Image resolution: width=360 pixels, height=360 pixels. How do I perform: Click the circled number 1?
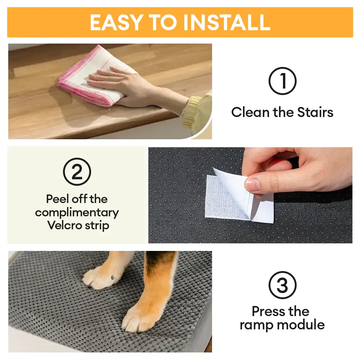[x=283, y=81]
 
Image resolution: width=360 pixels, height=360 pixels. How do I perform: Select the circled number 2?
[x=77, y=172]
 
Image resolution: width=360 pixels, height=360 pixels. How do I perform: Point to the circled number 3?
[x=283, y=285]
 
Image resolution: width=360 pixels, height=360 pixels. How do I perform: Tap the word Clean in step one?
[x=251, y=112]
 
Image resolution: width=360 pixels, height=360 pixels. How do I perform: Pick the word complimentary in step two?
[x=77, y=212]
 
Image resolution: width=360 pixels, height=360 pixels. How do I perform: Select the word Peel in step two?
[x=58, y=199]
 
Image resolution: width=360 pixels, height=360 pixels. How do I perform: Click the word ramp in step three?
[x=256, y=325]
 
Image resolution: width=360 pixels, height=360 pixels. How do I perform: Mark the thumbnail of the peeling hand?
[x=253, y=184]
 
